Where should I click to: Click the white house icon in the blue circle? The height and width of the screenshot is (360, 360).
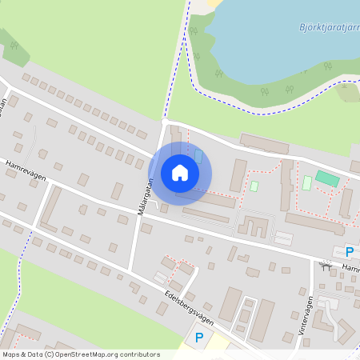tap(180, 173)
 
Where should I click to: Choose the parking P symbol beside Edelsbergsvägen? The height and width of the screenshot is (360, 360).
tap(199, 338)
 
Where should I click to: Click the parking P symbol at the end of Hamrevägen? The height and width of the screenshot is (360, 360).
tap(350, 250)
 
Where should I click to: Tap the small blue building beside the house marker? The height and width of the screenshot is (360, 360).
tap(198, 154)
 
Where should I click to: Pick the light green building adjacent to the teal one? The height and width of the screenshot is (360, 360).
tap(306, 183)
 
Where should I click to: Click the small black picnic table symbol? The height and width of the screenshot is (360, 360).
tap(325, 264)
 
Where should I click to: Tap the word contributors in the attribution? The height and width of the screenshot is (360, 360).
tap(142, 354)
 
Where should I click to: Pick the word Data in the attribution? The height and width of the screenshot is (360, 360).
tap(37, 354)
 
